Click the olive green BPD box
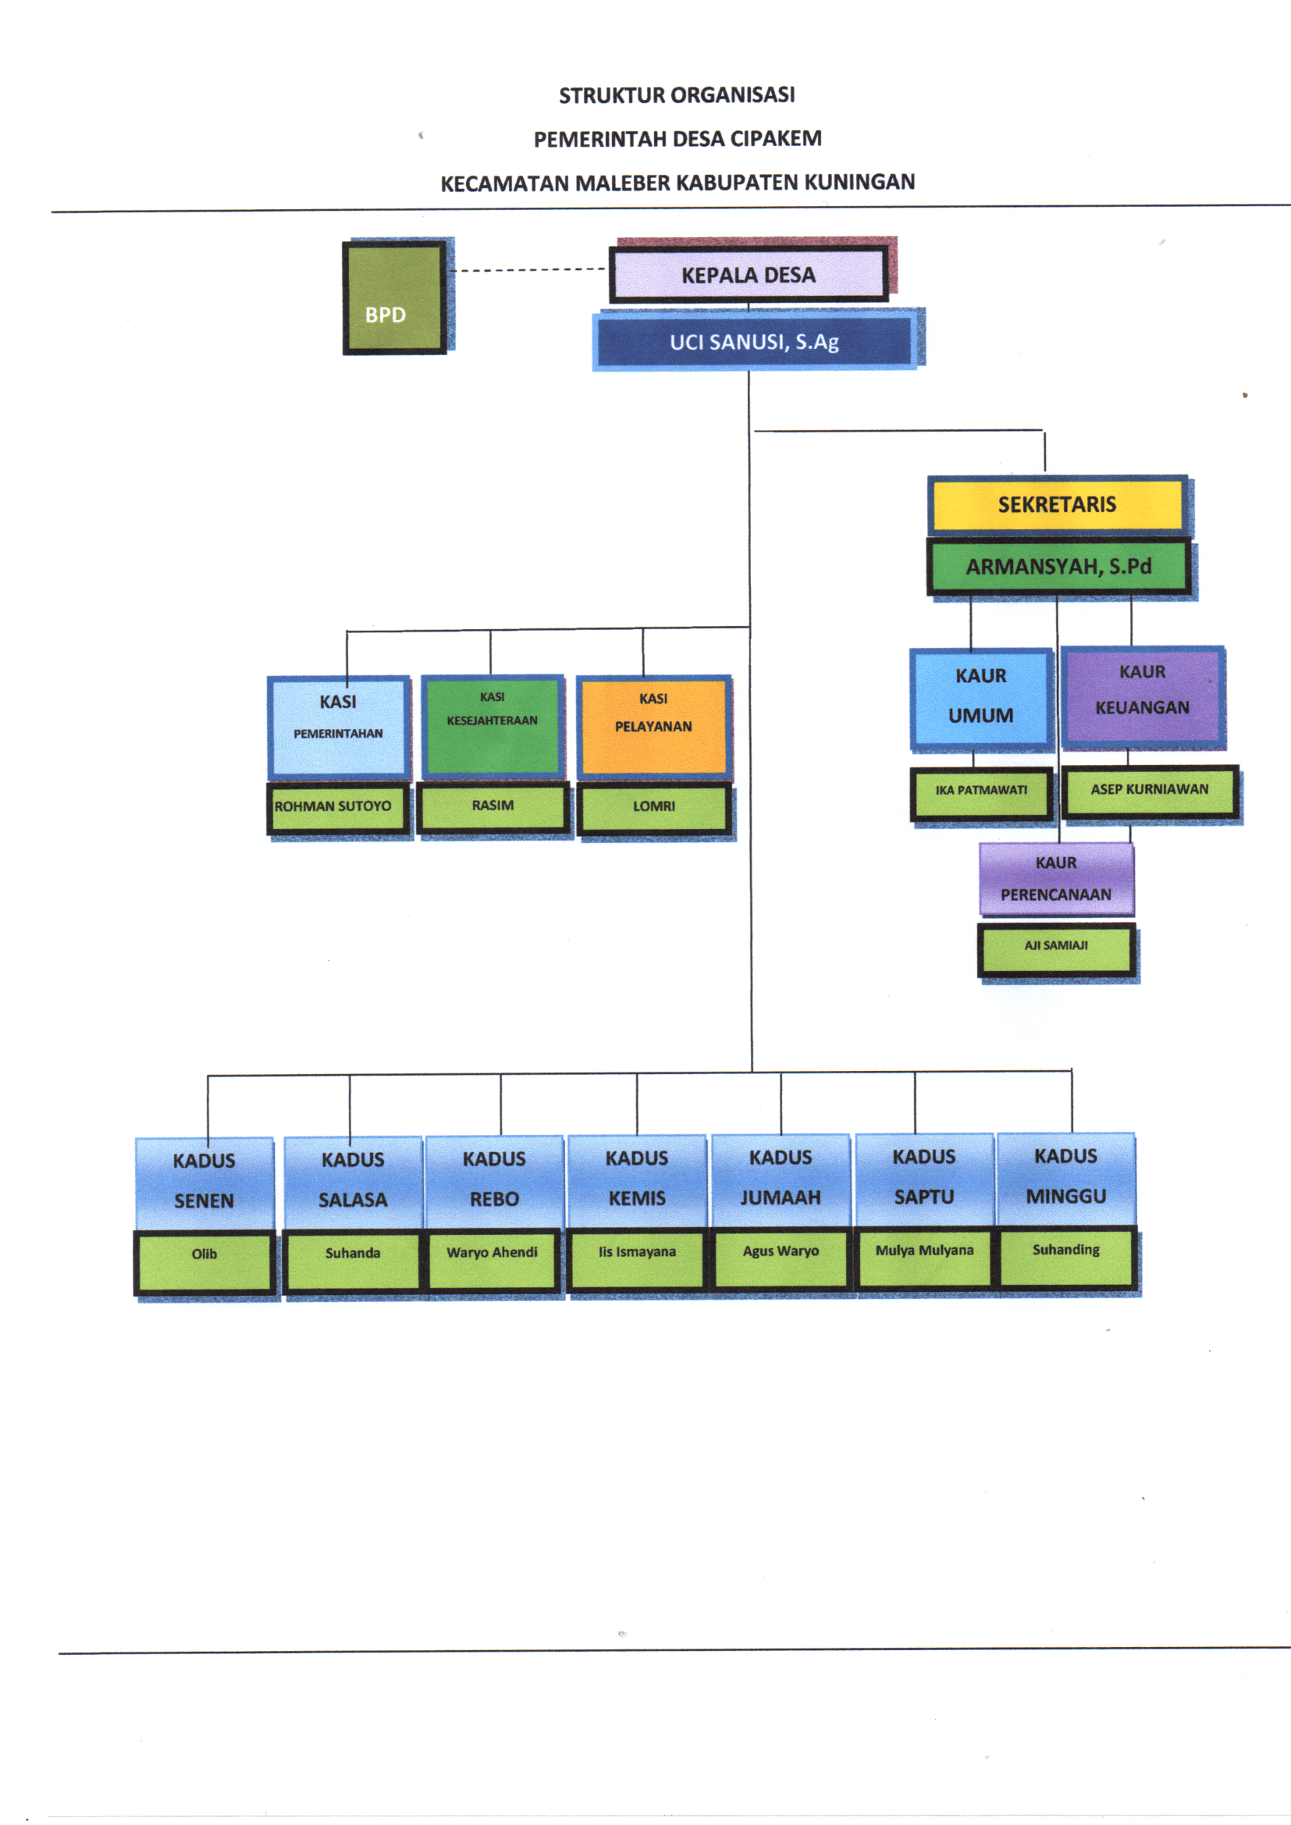[394, 297]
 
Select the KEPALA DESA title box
[748, 275]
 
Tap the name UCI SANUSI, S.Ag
[754, 342]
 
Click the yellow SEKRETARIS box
[1057, 505]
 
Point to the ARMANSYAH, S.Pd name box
[1058, 567]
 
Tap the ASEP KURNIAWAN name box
[1150, 790]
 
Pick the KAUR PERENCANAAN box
[1056, 878]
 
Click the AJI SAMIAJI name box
[1056, 947]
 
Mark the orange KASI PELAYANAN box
[653, 724]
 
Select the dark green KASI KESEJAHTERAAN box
[492, 724]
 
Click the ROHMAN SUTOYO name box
[338, 807]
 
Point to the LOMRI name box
[653, 807]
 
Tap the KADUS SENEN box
[204, 1180]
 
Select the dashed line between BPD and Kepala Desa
[528, 270]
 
